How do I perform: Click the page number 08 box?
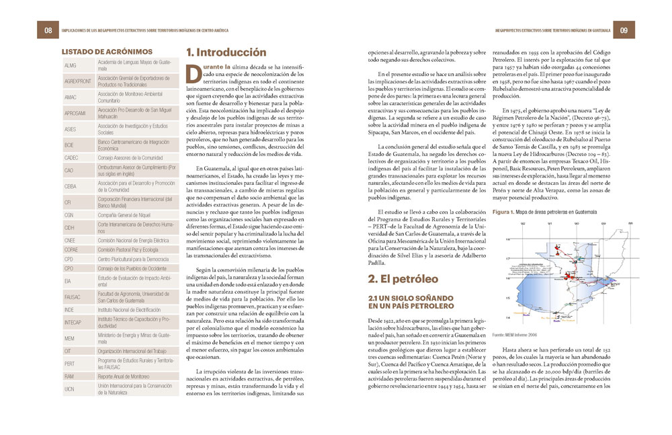pos(48,30)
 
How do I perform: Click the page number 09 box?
pos(623,30)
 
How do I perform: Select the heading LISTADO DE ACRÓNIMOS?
pos(107,52)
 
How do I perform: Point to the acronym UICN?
pos(70,389)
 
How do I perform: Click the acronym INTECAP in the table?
pos(74,323)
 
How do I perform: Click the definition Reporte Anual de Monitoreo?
pos(123,377)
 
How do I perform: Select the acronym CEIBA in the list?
pos(71,186)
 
